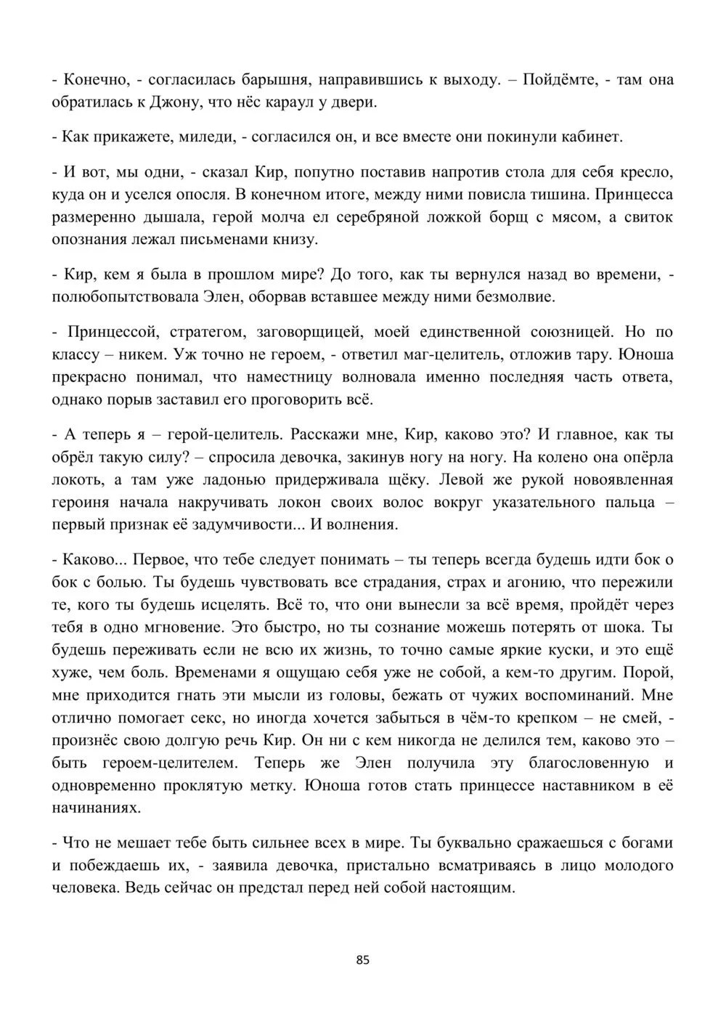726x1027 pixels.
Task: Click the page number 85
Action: (364, 960)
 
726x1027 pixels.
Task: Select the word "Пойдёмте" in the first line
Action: (554, 80)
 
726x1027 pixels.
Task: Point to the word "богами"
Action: (648, 844)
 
